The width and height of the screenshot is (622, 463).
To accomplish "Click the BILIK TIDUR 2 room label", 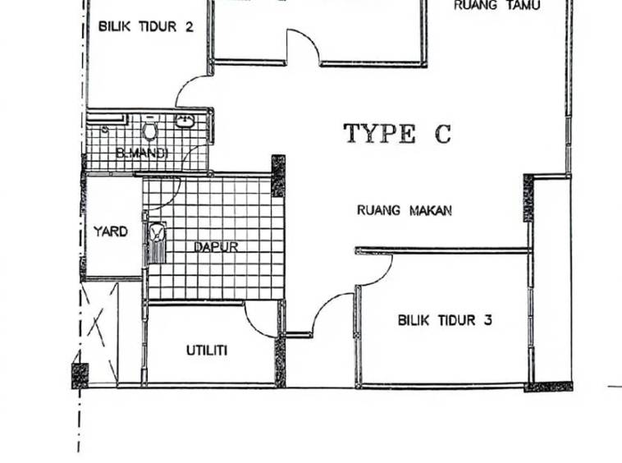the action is click(145, 27).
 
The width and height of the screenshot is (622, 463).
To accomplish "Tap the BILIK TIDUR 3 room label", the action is click(445, 320).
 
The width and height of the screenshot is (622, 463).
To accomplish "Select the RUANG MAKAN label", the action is click(405, 210).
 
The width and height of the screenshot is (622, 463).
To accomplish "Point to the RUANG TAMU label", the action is click(496, 5).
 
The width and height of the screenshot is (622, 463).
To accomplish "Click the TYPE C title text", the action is click(397, 133).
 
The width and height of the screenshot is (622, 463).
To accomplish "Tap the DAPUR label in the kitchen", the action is click(216, 247).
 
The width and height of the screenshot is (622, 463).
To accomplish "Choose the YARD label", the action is click(111, 231).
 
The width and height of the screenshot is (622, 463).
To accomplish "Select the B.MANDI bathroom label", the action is click(142, 153).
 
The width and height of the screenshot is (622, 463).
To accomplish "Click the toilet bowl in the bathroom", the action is click(149, 130).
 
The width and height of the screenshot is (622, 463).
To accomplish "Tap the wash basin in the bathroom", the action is click(185, 121).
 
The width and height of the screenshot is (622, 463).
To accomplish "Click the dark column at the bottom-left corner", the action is click(80, 376).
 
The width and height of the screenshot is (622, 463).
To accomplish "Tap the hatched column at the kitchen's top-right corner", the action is click(278, 176).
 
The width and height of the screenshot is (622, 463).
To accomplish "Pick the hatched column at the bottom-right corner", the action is click(549, 387).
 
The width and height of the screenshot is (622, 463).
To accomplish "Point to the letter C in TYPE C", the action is click(442, 134).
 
